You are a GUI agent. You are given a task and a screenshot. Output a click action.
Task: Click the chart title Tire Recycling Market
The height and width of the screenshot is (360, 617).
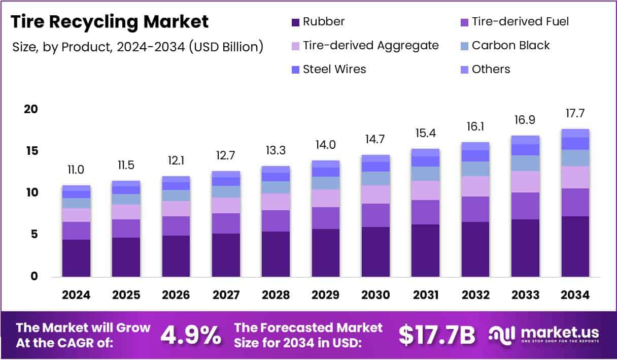pos(110,22)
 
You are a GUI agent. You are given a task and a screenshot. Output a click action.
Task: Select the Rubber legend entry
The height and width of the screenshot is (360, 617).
pos(318,22)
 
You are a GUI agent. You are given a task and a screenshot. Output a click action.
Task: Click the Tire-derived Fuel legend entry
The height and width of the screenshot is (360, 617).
pos(515,22)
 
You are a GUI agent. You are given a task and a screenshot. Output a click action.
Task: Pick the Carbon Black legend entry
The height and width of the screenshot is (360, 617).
pos(505,46)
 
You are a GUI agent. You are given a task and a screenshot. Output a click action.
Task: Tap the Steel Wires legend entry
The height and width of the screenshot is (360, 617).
pos(329,70)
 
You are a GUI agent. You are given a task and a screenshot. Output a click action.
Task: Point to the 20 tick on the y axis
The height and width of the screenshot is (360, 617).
pos(31,109)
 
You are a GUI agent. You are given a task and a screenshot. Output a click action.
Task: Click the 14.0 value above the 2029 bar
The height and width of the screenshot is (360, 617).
pos(325,145)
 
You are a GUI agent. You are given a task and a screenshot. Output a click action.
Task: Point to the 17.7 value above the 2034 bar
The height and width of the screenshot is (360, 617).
pos(575,113)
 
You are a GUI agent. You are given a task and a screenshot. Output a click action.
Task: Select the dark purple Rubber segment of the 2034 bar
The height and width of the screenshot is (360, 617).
pos(575,247)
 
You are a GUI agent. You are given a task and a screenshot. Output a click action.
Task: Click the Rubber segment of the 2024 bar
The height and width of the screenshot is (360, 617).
pos(76,258)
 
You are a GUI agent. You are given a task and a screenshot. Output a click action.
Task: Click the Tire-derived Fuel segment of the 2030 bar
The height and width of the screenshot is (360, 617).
pos(375,215)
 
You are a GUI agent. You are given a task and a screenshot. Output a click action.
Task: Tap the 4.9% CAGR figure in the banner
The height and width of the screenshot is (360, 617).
pos(191,335)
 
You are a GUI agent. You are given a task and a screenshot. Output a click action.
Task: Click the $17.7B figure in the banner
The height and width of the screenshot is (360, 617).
pos(436,335)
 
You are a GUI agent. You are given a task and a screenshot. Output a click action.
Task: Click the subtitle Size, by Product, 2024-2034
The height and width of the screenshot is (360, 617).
pos(138,47)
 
